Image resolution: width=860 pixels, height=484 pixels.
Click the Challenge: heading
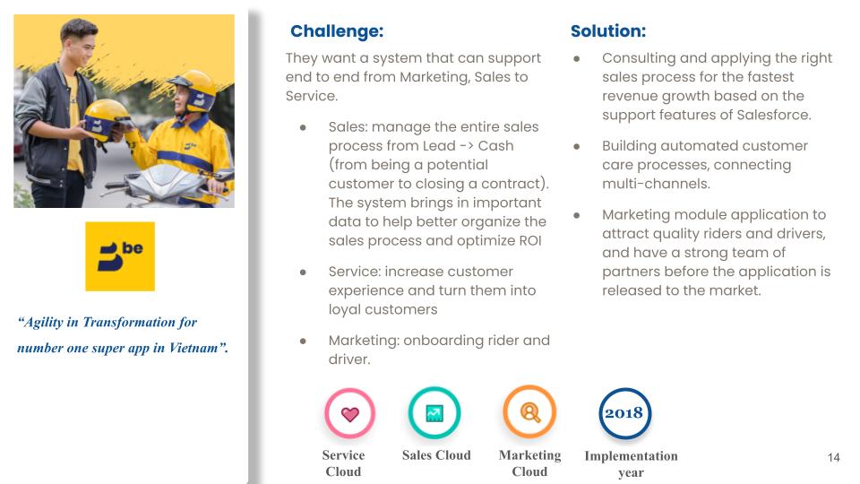tap(337, 31)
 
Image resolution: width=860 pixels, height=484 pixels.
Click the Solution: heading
tap(608, 31)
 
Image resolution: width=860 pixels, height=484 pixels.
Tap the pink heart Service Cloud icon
tap(350, 413)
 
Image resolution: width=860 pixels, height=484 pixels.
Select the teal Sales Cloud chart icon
tap(434, 412)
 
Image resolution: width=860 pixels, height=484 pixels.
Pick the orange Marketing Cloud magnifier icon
tap(529, 411)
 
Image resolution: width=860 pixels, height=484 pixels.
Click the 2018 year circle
tap(624, 413)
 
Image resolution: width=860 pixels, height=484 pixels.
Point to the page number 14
tap(833, 458)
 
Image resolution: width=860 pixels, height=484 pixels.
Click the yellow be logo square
tap(120, 256)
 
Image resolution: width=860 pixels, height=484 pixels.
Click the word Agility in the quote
tap(43, 323)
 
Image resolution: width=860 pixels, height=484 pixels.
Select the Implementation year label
tap(631, 463)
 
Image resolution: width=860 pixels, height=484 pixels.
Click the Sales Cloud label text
tap(436, 455)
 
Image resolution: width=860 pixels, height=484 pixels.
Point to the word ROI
tap(529, 241)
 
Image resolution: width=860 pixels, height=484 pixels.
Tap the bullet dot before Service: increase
tap(303, 272)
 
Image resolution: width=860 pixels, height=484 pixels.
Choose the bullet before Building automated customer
tap(576, 146)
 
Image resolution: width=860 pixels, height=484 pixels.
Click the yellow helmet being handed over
tap(104, 119)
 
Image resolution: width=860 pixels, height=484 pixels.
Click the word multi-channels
tap(655, 184)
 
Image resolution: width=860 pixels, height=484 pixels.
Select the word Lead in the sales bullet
tap(439, 146)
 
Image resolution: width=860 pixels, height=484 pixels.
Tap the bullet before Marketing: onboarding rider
tap(303, 341)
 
